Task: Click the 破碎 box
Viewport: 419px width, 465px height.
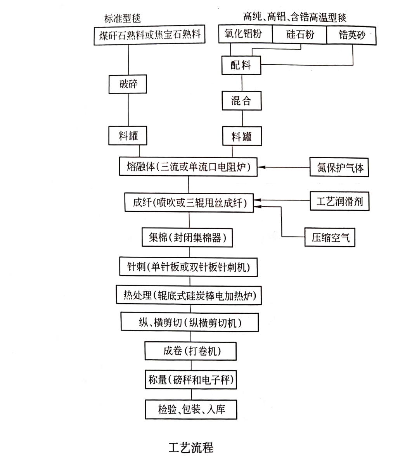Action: [x=128, y=84]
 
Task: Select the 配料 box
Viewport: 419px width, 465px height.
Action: [x=241, y=65]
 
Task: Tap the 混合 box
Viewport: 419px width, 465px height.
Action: [x=241, y=101]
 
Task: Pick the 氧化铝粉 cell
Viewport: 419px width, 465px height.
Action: [x=244, y=35]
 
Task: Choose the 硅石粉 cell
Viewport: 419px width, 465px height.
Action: [x=300, y=35]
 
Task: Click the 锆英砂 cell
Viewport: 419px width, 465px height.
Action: [x=351, y=35]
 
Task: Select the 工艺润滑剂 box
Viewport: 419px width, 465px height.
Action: [x=339, y=201]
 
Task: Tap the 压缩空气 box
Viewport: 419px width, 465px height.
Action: [x=330, y=237]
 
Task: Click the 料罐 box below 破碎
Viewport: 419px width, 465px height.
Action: [x=128, y=136]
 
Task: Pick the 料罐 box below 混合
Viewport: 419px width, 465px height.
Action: [x=241, y=136]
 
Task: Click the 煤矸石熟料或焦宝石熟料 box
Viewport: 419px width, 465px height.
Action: [x=149, y=35]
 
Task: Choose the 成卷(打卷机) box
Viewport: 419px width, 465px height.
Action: [x=190, y=351]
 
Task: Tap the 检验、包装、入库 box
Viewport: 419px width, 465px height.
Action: [x=191, y=409]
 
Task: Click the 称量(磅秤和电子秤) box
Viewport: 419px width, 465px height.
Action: [x=191, y=380]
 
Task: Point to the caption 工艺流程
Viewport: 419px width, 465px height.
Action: [x=191, y=447]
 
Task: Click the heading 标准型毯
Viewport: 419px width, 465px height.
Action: [x=122, y=18]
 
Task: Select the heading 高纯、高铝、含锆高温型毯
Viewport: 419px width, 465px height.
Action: [x=294, y=17]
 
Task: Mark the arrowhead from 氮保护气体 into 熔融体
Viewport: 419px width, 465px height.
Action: [x=262, y=167]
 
